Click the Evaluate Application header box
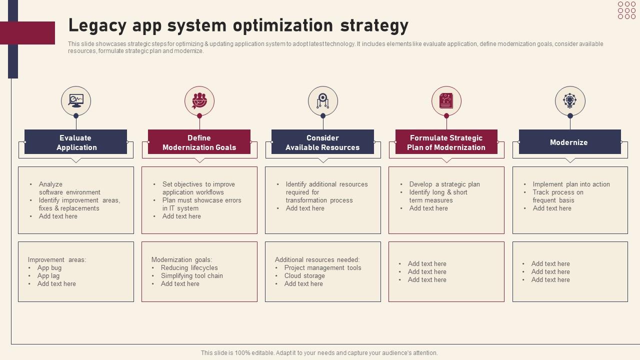click(76, 142)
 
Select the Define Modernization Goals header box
click(199, 142)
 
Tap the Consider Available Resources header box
click(322, 142)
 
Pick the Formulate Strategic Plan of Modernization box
click(446, 142)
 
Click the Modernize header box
click(569, 142)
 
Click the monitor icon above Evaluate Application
click(76, 101)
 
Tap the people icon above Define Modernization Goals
click(199, 101)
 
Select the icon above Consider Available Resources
click(323, 101)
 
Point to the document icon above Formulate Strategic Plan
click(446, 101)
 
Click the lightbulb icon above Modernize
click(570, 101)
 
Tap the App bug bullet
click(49, 268)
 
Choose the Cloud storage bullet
click(304, 276)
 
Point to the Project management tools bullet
click(322, 268)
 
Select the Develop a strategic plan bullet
click(444, 184)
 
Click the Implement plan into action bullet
click(571, 184)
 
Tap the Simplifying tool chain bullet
click(191, 276)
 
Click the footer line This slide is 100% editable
click(319, 353)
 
